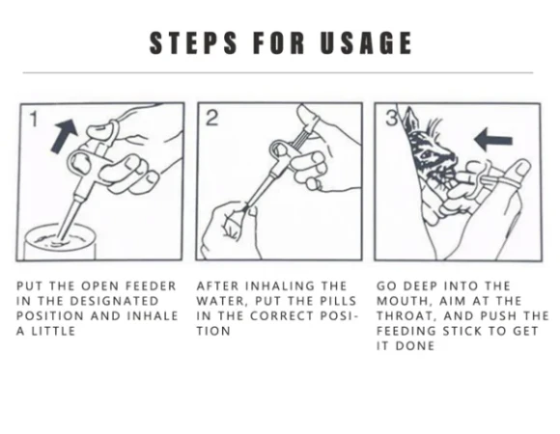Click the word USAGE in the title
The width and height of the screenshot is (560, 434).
366,42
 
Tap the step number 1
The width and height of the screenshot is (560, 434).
34,119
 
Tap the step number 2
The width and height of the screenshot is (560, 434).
211,118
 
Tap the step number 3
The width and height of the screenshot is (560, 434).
392,118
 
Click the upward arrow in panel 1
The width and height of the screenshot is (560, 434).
65,136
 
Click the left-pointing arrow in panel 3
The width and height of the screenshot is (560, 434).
493,140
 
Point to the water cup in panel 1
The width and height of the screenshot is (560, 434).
60,242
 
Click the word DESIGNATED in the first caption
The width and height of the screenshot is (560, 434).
114,301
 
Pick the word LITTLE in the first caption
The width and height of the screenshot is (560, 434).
53,331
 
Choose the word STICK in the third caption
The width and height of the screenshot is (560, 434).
462,331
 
